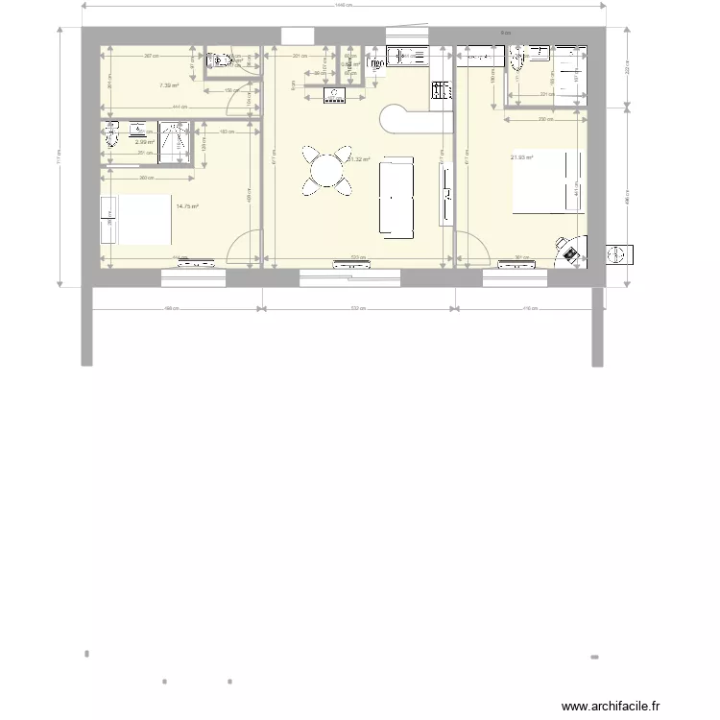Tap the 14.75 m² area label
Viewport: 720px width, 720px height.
[187, 204]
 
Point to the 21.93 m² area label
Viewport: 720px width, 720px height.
[521, 158]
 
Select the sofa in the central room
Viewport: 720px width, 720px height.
[396, 198]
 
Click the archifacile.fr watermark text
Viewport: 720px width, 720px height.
[611, 706]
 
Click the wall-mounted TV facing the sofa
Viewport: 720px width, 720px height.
[447, 198]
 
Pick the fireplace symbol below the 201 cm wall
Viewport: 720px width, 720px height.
[334, 94]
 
